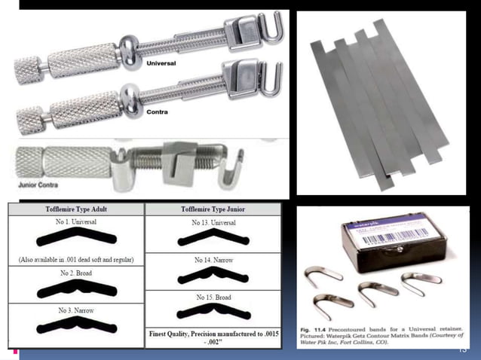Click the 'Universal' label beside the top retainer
pos(161,64)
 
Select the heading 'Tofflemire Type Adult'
pos(72,209)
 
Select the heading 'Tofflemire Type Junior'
pos(213,209)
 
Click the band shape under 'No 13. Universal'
pos(213,239)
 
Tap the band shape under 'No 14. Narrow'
pos(213,275)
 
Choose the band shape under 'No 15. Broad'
pos(213,313)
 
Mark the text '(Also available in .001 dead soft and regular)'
pos(72,260)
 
